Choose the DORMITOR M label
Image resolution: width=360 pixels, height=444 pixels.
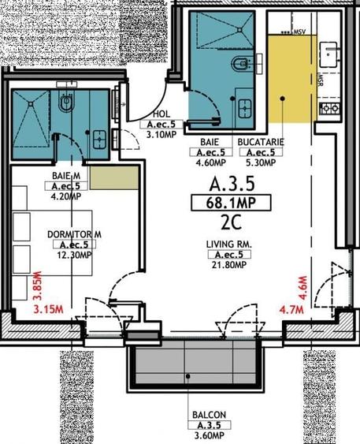click(x=75, y=234)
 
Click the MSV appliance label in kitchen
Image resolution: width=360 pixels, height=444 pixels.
click(x=299, y=32)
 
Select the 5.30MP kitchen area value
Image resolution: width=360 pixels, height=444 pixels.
click(x=261, y=163)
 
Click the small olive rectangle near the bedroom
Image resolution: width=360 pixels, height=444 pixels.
click(x=102, y=177)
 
